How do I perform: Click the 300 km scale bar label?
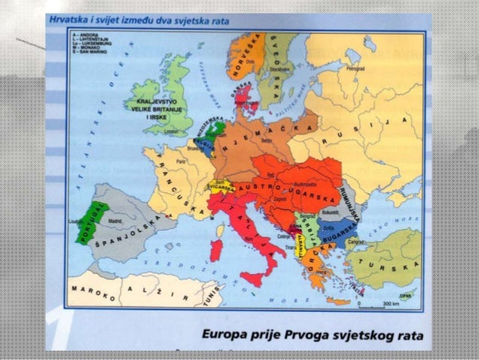[x=390, y=304]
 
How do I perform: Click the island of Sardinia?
[x=216, y=250]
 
